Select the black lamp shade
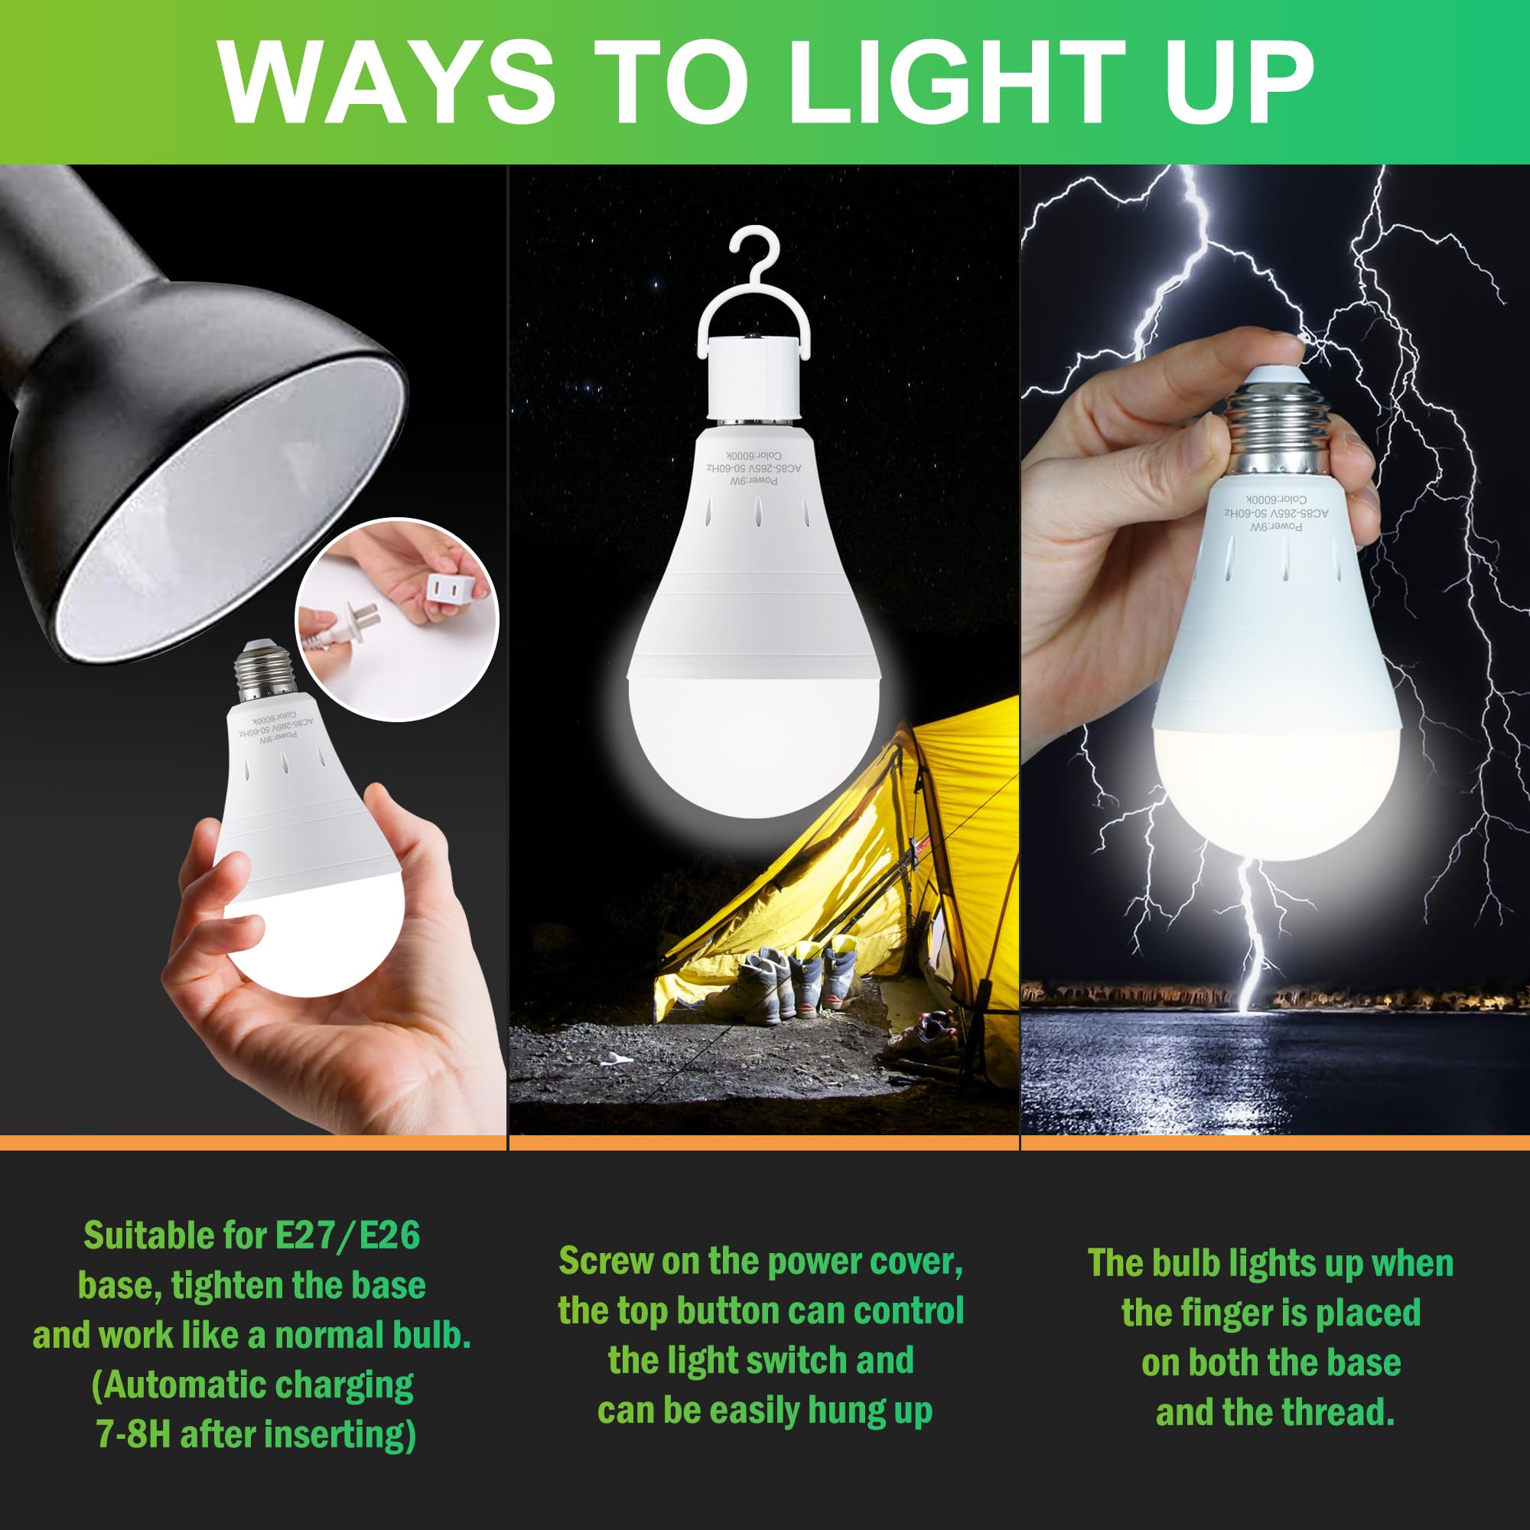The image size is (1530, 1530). click(198, 444)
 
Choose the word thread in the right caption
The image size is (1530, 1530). click(1346, 1412)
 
